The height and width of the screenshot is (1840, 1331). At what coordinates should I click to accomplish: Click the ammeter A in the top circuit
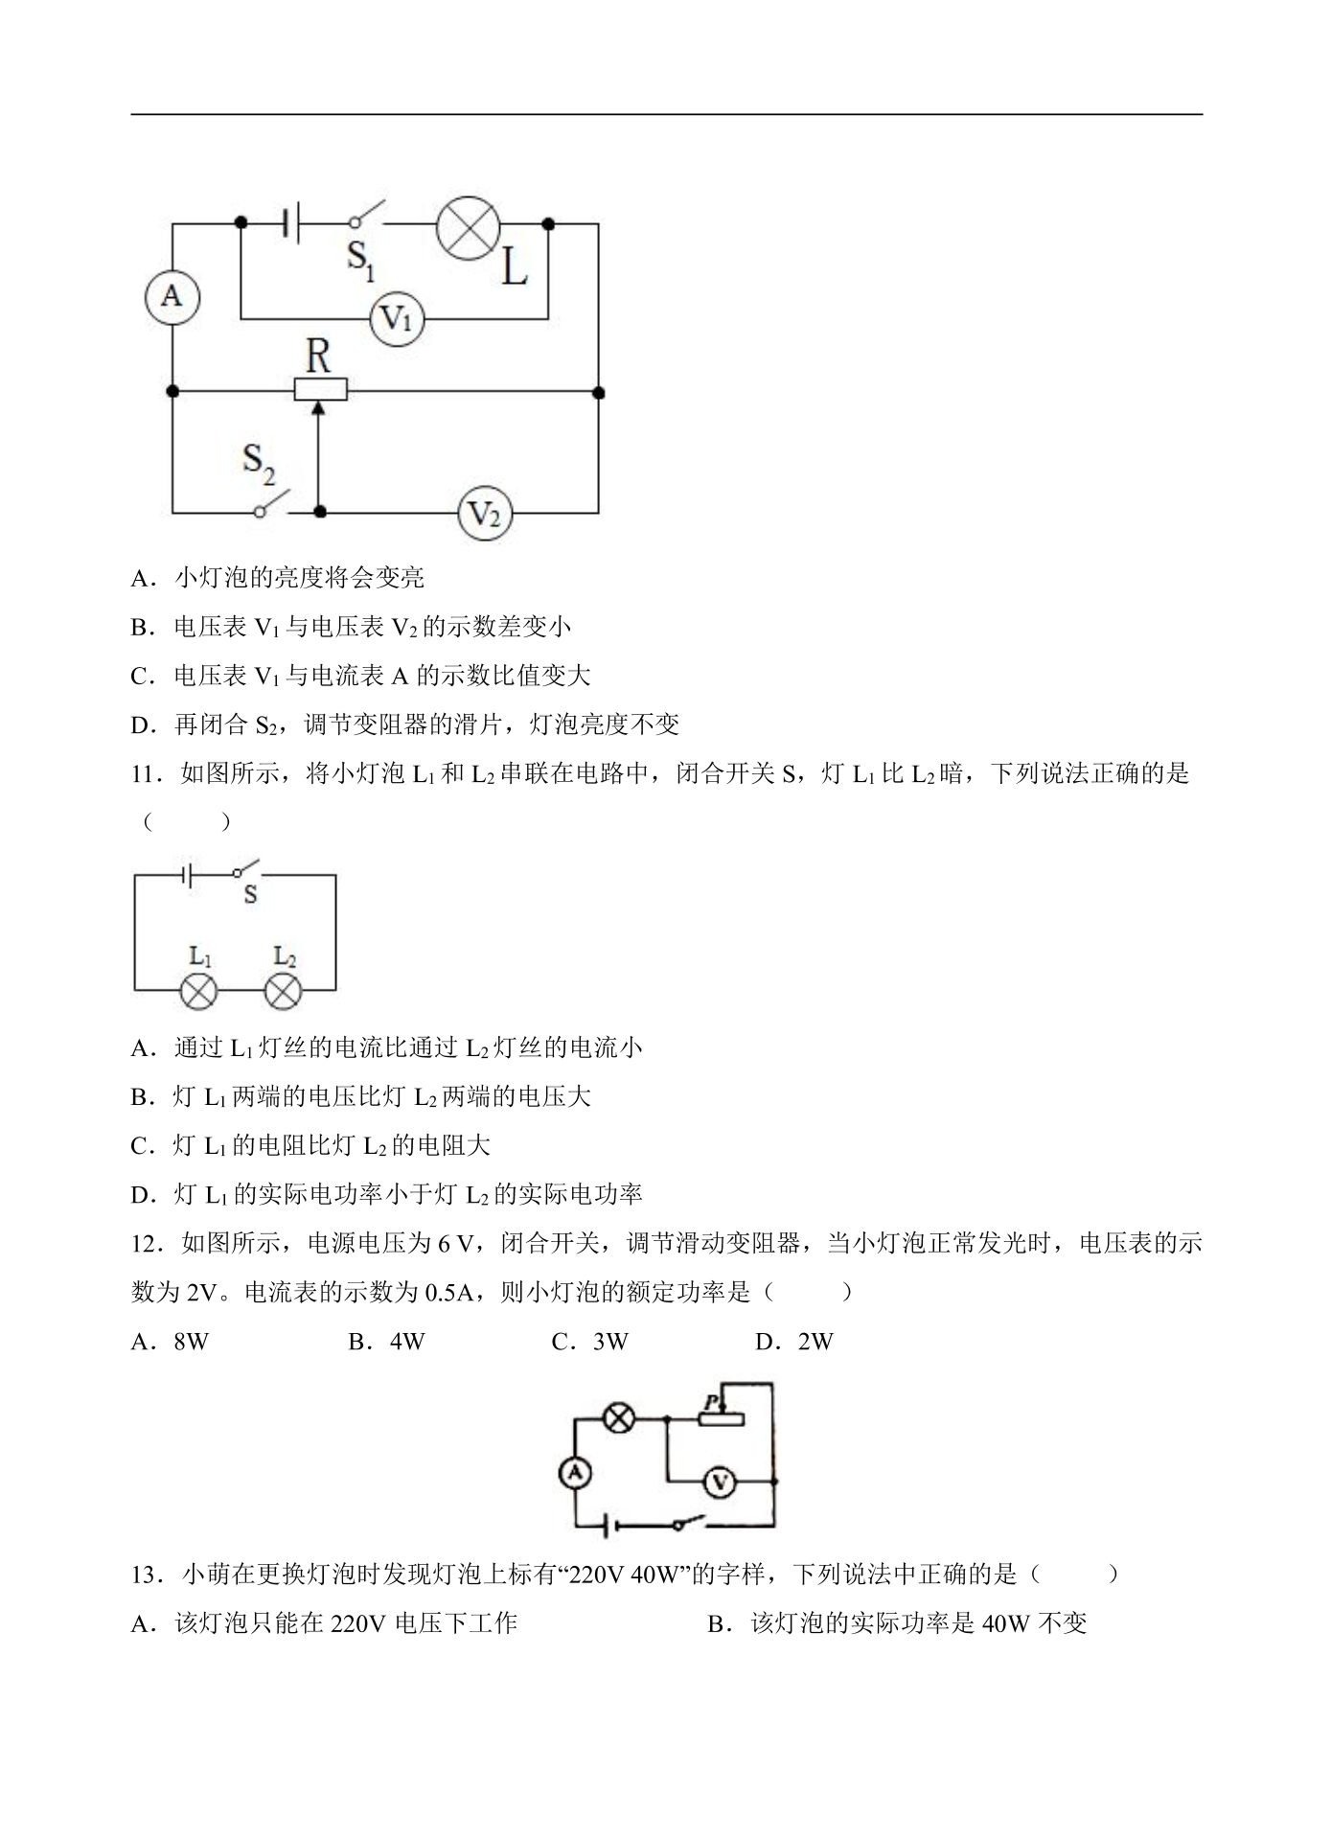(172, 296)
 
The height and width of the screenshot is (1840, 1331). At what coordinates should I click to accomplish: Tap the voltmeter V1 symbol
(397, 318)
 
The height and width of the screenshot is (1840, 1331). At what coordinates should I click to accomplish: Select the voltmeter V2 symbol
(484, 515)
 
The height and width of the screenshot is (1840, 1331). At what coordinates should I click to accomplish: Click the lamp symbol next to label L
(469, 230)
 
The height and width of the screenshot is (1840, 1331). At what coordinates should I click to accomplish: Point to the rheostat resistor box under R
(320, 390)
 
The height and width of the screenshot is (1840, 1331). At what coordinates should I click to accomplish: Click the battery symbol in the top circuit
(293, 223)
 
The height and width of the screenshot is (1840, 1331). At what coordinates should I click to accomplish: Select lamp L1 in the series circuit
(199, 990)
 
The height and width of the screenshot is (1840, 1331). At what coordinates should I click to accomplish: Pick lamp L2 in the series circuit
(283, 990)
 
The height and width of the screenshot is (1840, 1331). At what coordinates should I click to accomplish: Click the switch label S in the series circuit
(250, 895)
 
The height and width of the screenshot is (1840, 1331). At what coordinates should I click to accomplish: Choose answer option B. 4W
(386, 1342)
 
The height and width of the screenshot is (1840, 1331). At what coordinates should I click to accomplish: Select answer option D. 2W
(794, 1342)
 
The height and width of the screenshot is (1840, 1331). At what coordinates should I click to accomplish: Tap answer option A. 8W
(170, 1342)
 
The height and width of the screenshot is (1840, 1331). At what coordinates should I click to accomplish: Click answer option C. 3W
(590, 1342)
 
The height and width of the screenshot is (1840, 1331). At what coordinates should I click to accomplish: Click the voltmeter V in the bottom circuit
(719, 1483)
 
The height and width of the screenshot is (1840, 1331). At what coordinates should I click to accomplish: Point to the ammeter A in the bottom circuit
(575, 1474)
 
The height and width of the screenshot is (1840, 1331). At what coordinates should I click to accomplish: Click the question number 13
(144, 1575)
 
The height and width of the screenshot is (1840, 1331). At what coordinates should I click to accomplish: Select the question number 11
(143, 773)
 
